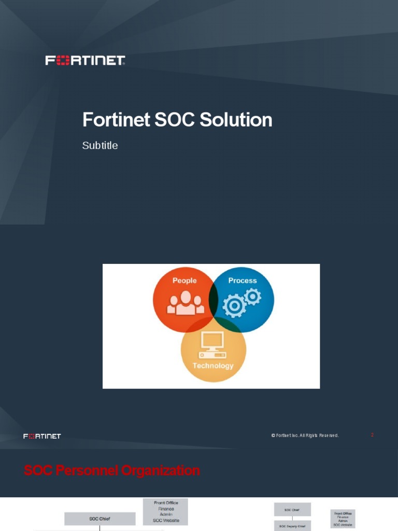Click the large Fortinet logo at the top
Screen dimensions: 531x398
click(86, 61)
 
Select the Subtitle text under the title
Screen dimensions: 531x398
click(100, 146)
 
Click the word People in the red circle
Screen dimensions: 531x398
click(184, 281)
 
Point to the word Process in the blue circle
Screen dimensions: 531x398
click(243, 281)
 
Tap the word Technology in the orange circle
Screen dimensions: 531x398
click(213, 366)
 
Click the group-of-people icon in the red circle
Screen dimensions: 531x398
click(184, 304)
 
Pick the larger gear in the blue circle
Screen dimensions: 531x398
click(235, 305)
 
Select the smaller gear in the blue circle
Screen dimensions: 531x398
click(253, 296)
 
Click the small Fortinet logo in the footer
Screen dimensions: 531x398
click(42, 436)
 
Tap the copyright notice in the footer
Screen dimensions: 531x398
click(305, 436)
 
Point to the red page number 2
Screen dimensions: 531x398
click(372, 435)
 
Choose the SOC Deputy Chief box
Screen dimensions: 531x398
click(292, 526)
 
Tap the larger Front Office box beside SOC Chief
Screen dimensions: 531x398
click(166, 511)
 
